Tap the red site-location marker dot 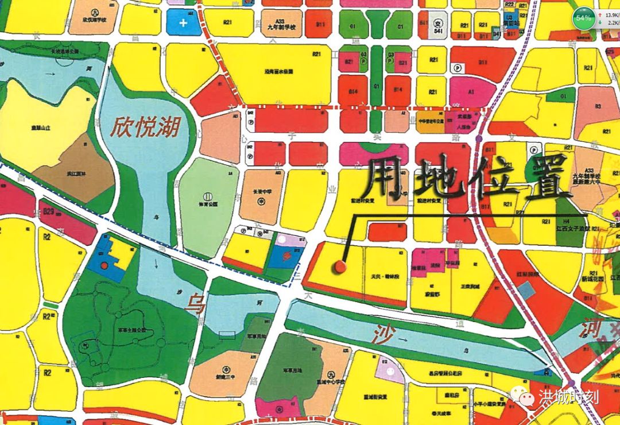[340, 266]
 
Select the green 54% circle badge [584, 18]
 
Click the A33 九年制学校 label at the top [281, 24]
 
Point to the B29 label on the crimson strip [48, 212]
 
